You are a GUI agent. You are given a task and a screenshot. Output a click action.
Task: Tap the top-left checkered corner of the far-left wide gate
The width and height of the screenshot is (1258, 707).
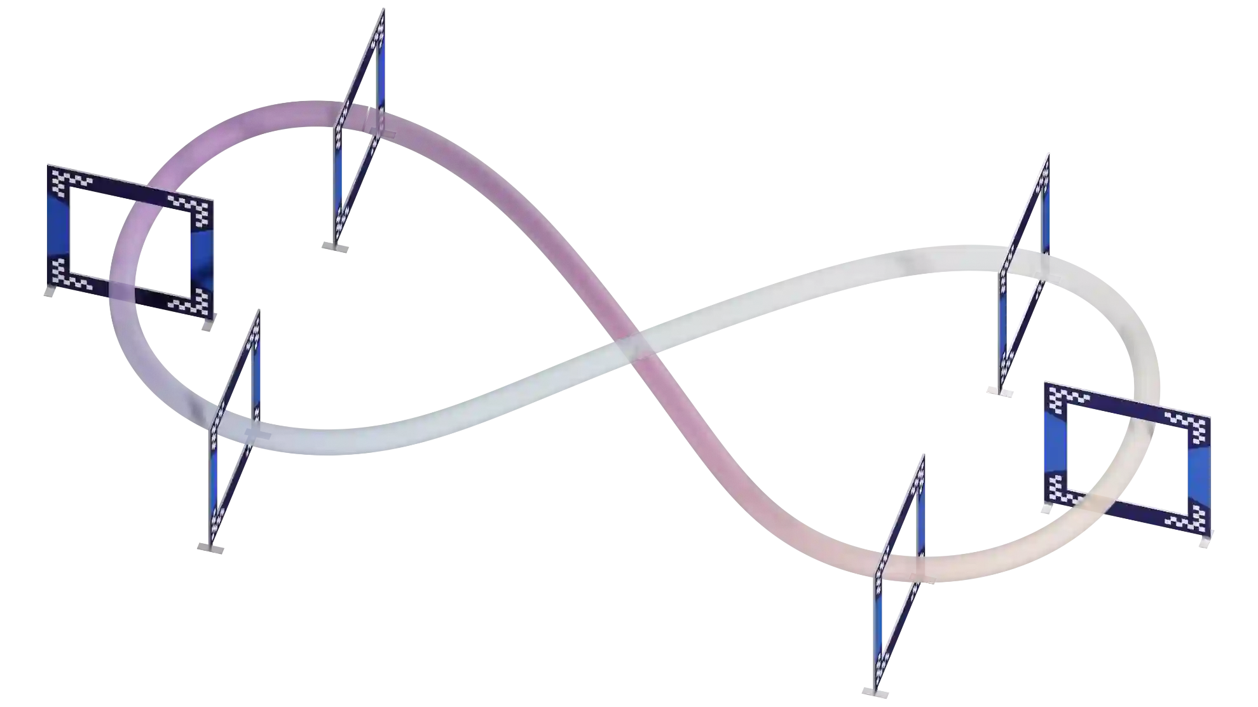[x=64, y=177]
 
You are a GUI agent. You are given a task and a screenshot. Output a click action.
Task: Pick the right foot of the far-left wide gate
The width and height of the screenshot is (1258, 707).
[x=205, y=329]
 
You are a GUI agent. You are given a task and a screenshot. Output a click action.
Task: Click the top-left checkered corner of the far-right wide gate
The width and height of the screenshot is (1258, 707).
[x=1062, y=397]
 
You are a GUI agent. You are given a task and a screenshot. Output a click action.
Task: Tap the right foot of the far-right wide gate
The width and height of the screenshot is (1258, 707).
[x=1203, y=542]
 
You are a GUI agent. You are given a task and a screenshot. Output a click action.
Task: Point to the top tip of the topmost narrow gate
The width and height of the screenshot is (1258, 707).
[x=383, y=10]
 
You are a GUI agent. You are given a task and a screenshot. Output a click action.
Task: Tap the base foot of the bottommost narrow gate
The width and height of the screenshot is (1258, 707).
[x=875, y=692]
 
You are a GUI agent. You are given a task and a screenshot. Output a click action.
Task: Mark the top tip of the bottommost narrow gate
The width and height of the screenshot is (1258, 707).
[x=922, y=456]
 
